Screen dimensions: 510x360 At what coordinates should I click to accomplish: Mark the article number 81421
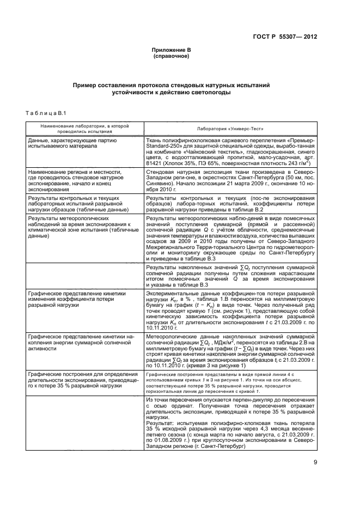155,162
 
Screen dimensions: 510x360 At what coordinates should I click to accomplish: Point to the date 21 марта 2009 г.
254,183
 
